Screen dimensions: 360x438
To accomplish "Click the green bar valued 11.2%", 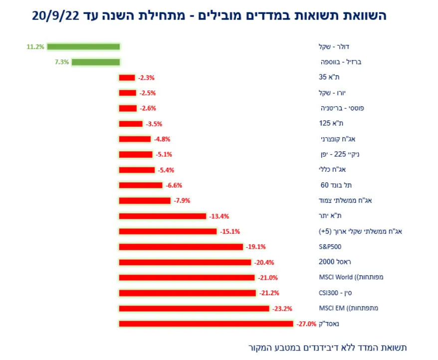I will (x=83, y=47).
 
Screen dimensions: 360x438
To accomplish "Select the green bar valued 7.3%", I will (x=96, y=62).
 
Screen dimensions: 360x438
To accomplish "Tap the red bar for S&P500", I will (x=181, y=247).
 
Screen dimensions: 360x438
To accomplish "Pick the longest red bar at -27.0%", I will (x=206, y=324).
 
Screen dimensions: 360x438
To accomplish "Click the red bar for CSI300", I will (x=187, y=293).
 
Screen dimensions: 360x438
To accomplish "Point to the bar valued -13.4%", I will (x=162, y=216).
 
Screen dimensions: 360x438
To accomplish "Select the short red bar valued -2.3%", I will (x=127, y=77).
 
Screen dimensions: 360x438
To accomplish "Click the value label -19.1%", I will (x=255, y=247).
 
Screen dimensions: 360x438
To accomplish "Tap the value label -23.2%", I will (x=282, y=309).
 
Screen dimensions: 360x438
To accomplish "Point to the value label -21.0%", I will (x=268, y=278).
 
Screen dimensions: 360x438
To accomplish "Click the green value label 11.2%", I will (x=35, y=47).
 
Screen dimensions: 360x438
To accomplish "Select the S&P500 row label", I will (x=330, y=247).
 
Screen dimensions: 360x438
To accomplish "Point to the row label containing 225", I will (x=338, y=154).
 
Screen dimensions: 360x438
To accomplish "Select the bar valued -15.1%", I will (x=168, y=232).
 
